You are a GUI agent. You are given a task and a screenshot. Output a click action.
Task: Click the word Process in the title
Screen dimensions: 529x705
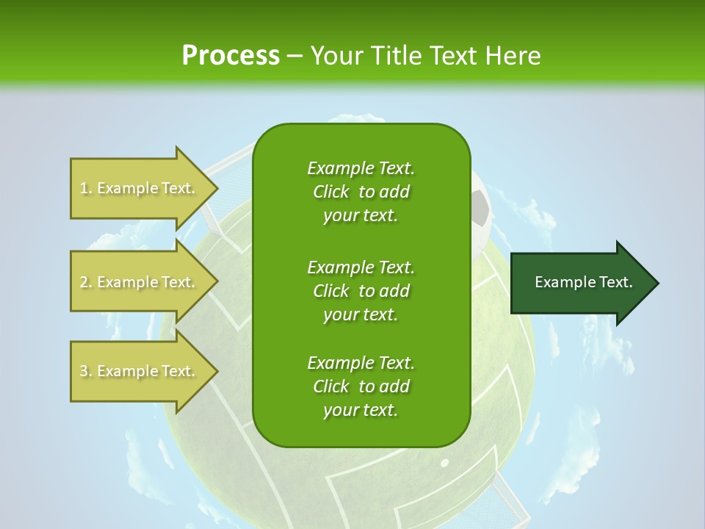click(231, 55)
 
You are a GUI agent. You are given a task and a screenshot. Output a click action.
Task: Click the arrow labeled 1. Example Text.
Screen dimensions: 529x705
click(140, 188)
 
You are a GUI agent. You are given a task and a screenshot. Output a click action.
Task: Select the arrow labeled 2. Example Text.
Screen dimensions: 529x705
click(140, 282)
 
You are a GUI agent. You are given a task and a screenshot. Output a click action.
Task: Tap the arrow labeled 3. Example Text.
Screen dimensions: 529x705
click(140, 371)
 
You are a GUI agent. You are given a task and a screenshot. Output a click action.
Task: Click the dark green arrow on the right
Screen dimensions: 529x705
click(580, 283)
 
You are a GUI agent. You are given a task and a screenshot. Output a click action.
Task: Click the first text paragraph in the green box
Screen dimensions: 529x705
click(361, 192)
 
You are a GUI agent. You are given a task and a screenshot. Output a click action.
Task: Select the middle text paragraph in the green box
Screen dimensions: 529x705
click(361, 291)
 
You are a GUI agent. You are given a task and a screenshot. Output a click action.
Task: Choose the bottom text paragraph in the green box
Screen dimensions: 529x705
click(361, 386)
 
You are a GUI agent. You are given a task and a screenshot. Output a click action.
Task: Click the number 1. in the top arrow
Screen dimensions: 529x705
click(86, 188)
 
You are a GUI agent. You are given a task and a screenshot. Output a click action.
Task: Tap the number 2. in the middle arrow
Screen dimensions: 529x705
click(86, 282)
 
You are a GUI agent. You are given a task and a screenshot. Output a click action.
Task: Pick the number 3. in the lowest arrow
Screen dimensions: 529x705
click(86, 371)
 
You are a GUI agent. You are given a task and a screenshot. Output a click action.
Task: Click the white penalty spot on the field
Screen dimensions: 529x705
click(444, 464)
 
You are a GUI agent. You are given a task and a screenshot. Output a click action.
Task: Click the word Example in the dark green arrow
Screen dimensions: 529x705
click(560, 282)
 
